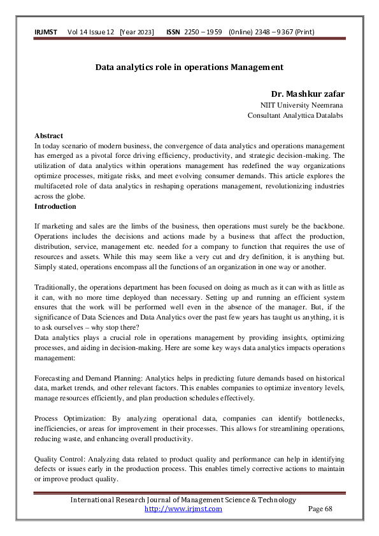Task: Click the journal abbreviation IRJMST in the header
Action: (x=46, y=32)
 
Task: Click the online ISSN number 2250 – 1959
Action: (x=203, y=32)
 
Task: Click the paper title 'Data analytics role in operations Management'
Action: (x=189, y=66)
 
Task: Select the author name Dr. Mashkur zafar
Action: (x=308, y=94)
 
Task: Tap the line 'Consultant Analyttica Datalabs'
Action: (x=295, y=115)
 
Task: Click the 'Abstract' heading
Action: (x=48, y=136)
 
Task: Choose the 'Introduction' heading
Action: (x=55, y=206)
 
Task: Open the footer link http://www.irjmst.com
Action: (x=183, y=509)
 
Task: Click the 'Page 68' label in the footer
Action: (x=320, y=509)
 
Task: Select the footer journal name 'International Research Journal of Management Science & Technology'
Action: (x=183, y=500)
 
